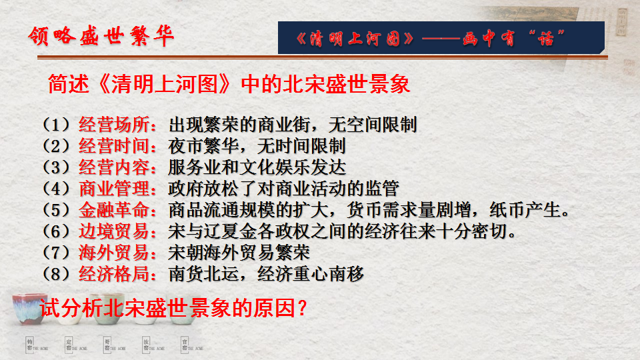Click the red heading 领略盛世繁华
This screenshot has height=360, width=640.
[x=101, y=36]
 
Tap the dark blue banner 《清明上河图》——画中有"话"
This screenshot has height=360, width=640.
[x=441, y=37]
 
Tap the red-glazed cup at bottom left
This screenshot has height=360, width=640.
[x=29, y=308]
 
